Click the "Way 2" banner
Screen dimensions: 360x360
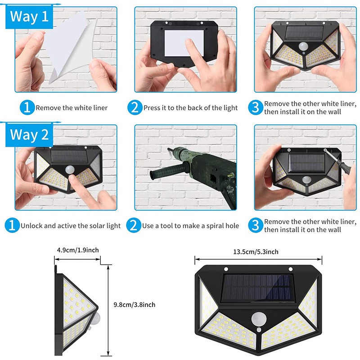tap(29, 135)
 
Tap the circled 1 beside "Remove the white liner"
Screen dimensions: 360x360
tap(27, 108)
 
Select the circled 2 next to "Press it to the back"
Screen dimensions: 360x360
tap(134, 108)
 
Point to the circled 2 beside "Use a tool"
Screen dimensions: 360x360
tap(134, 225)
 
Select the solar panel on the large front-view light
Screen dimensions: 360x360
tap(258, 288)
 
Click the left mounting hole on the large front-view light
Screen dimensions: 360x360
tap(226, 269)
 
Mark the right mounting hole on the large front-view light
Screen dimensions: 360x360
tap(290, 269)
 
